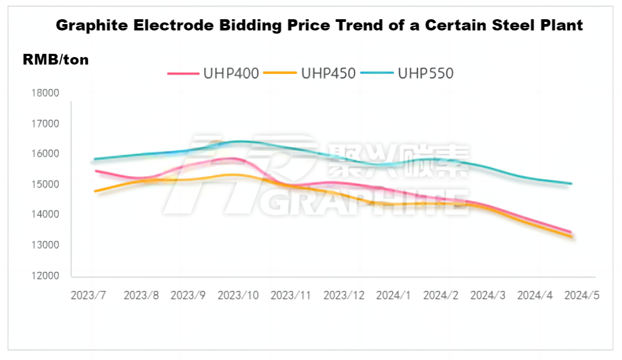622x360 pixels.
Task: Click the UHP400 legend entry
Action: (x=213, y=73)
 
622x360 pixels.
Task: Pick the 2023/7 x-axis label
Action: (x=89, y=296)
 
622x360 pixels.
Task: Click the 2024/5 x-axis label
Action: (x=581, y=296)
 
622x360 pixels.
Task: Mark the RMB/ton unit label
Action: (x=56, y=60)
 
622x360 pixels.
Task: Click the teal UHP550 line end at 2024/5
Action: (x=572, y=184)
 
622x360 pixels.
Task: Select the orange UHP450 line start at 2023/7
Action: (x=95, y=191)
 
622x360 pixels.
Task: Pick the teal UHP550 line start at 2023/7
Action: (x=95, y=159)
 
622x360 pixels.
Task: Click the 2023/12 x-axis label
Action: (x=344, y=296)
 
